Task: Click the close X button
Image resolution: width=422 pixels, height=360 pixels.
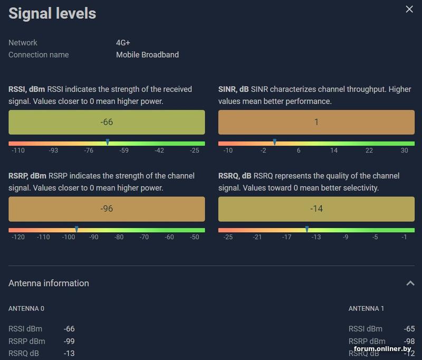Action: pyautogui.click(x=409, y=9)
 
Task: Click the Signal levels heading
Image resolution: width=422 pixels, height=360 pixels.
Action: pyautogui.click(x=52, y=13)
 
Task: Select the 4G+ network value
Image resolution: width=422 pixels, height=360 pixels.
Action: pyautogui.click(x=123, y=43)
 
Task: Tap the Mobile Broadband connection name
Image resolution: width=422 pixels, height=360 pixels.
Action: pyautogui.click(x=147, y=54)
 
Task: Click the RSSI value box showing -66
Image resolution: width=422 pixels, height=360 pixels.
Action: pyautogui.click(x=107, y=122)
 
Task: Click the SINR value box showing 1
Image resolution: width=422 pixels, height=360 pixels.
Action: pyautogui.click(x=316, y=122)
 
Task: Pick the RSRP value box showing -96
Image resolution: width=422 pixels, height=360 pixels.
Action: pyautogui.click(x=107, y=209)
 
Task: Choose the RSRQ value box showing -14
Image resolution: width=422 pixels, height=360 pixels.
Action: pyautogui.click(x=316, y=209)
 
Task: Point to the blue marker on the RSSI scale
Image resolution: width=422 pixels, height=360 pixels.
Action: pyautogui.click(x=108, y=142)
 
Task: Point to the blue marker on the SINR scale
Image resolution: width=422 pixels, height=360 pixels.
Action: pyautogui.click(x=274, y=142)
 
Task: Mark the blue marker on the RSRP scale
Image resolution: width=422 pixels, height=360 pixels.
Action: pyautogui.click(x=76, y=229)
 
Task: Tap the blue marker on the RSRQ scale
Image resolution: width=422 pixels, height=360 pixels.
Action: pyautogui.click(x=307, y=229)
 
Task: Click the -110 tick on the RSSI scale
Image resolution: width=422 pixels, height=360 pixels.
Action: pyautogui.click(x=18, y=151)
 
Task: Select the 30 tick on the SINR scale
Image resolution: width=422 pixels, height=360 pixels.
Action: pyautogui.click(x=404, y=151)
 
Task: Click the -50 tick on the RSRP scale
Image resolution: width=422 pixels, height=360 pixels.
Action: pyautogui.click(x=195, y=238)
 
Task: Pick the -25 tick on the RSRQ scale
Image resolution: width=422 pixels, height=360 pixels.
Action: pyautogui.click(x=228, y=238)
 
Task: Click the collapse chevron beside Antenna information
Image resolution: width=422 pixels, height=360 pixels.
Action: pyautogui.click(x=410, y=283)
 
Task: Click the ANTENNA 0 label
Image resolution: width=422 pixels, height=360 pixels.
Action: pyautogui.click(x=26, y=308)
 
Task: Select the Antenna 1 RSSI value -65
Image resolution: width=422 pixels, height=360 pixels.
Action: pyautogui.click(x=409, y=329)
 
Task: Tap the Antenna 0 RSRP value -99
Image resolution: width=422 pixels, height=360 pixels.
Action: pyautogui.click(x=69, y=341)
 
